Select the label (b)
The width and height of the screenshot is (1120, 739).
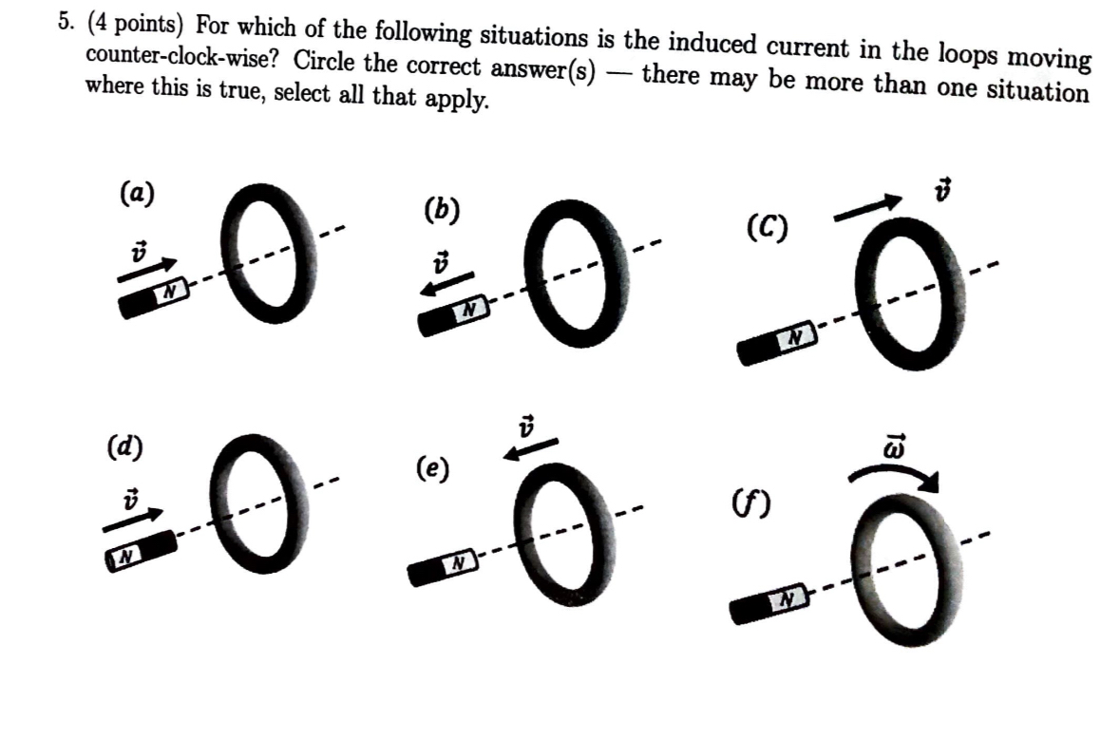tap(442, 210)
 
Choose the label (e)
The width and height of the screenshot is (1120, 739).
tap(433, 468)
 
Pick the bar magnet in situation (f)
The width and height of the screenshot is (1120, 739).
tap(769, 605)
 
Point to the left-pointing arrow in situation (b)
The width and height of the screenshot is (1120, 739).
tap(452, 284)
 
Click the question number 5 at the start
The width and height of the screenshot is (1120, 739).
tap(63, 21)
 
